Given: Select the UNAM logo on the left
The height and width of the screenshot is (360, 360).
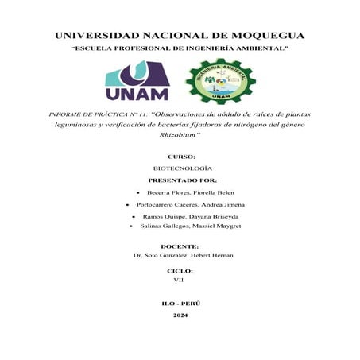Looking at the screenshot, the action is coord(137,82).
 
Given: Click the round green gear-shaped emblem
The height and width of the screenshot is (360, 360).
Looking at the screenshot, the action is coord(220,81).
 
